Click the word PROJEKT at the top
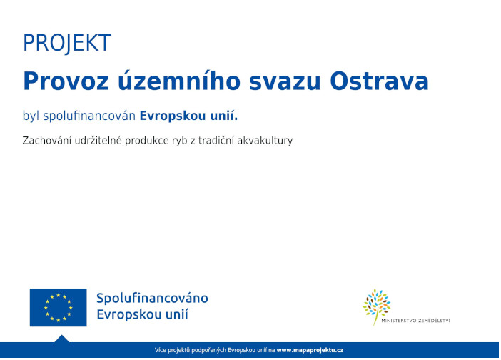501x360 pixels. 67,44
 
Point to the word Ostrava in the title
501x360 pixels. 379,81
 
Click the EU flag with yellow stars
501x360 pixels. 58,307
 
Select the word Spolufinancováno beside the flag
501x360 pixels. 152,299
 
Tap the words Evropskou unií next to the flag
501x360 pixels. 143,315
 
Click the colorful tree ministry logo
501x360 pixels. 376,305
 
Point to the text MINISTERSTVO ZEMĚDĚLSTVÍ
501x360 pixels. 416,321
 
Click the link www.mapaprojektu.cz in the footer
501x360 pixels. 310,351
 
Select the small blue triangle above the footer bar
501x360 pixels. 62,339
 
